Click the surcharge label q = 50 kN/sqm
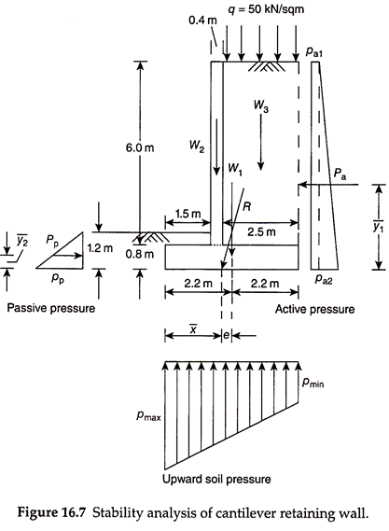click(266, 9)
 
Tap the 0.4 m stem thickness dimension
click(202, 21)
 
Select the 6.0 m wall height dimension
click(140, 147)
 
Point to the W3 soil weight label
click(261, 105)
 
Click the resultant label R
click(247, 206)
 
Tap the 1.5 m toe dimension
click(188, 214)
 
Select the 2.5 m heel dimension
click(261, 232)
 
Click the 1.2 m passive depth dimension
click(100, 248)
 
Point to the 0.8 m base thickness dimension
click(140, 254)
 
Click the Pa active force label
click(340, 173)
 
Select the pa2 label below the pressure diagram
click(324, 279)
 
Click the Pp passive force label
click(52, 241)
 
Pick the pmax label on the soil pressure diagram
click(148, 416)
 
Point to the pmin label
click(313, 383)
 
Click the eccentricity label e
click(226, 335)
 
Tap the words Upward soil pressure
click(216, 479)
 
